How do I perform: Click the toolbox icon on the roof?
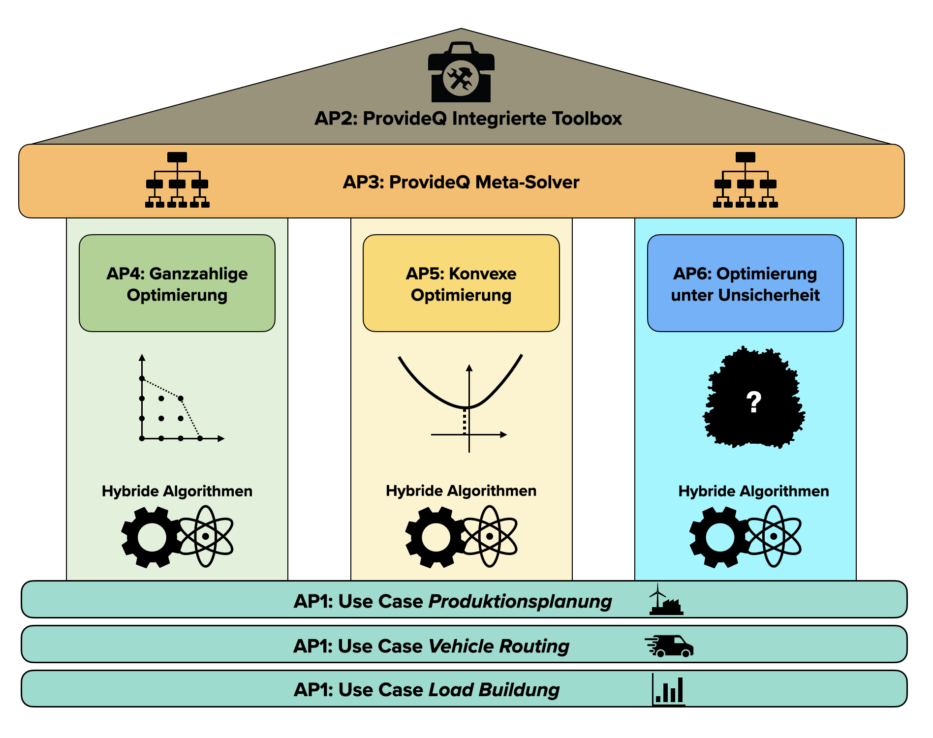(461, 73)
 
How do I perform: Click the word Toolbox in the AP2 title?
(587, 119)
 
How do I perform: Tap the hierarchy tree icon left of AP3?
(177, 180)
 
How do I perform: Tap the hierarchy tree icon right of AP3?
(745, 180)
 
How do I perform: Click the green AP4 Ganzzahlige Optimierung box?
(177, 283)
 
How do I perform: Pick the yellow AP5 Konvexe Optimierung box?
(461, 283)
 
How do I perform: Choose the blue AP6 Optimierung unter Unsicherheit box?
(745, 283)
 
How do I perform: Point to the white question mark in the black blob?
(753, 401)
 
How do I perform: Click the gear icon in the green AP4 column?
(152, 537)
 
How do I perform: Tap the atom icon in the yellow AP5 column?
(489, 536)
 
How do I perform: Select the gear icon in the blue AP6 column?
(719, 537)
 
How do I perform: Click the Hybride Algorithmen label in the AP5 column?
(461, 491)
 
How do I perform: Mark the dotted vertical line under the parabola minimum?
(465, 421)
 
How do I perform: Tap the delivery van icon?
(670, 646)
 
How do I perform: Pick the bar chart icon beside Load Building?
(669, 690)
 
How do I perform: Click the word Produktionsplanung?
(520, 602)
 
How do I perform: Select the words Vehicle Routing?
(499, 646)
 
